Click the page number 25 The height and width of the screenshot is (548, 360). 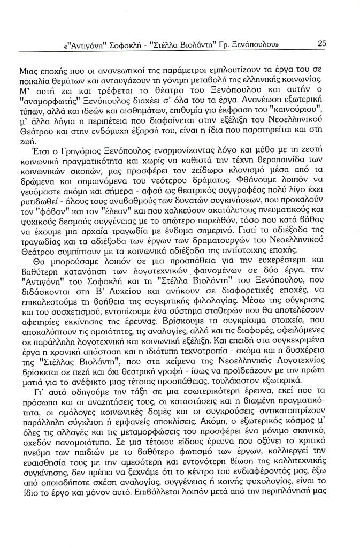point(321,44)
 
